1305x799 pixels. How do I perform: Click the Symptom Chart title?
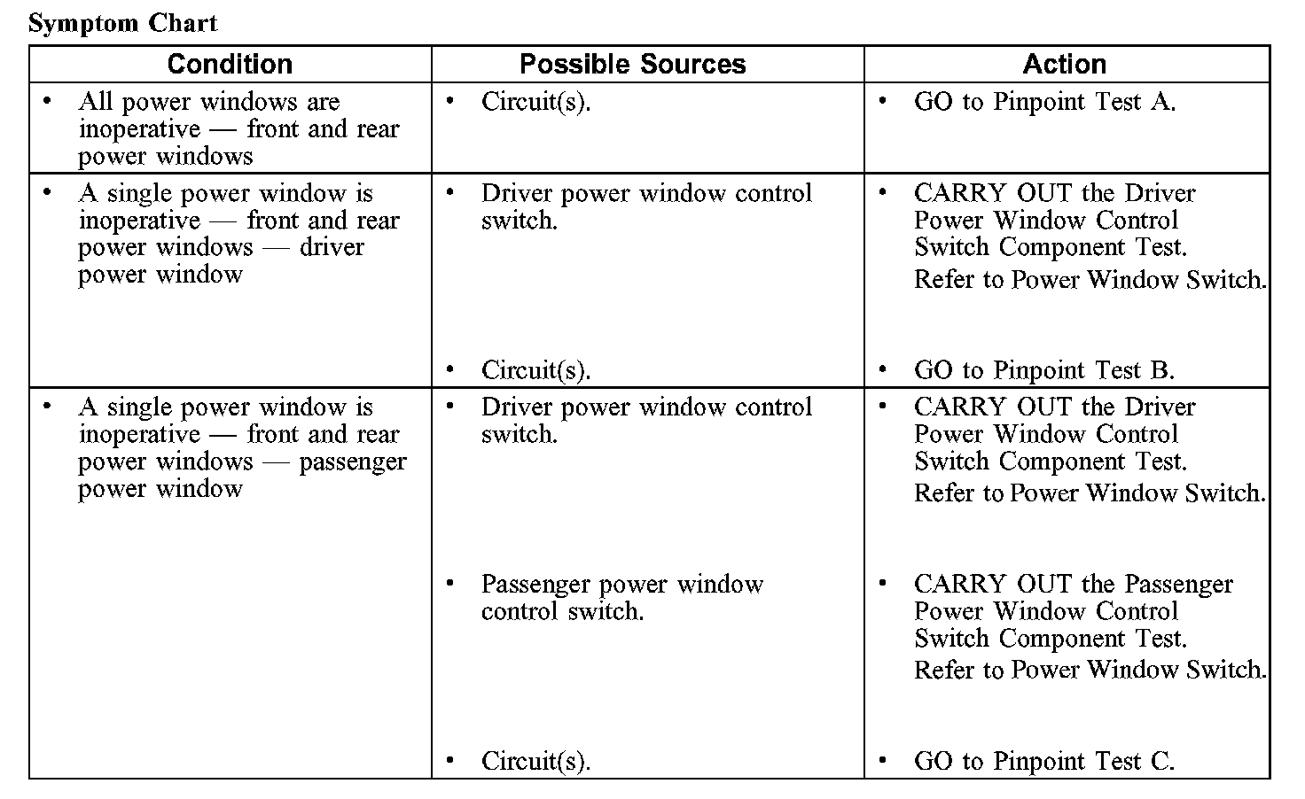[x=122, y=23]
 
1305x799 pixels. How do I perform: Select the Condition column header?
[x=230, y=64]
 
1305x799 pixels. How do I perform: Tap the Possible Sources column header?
[x=632, y=64]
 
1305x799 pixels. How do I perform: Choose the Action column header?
[x=1064, y=64]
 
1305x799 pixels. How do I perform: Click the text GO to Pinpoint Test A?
[x=1044, y=102]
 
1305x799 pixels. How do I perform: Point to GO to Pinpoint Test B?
[x=1043, y=369]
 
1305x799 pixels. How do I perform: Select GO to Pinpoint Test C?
[x=1043, y=761]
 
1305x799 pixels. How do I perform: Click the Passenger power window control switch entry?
[x=621, y=597]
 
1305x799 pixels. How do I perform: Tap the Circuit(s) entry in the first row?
[x=535, y=102]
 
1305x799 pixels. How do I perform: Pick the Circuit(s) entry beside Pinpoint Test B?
[x=535, y=369]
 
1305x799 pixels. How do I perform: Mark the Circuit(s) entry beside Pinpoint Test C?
[x=535, y=761]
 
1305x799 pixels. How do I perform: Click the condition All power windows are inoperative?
[x=238, y=128]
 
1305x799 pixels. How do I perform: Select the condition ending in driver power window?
[x=238, y=234]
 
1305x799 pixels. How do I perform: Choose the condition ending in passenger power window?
[x=241, y=447]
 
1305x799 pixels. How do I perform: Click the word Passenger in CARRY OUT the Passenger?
[x=1178, y=585]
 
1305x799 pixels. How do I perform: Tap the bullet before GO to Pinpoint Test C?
[x=882, y=760]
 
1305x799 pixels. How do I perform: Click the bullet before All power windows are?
[x=47, y=101]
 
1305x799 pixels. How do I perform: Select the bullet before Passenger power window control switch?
[x=450, y=583]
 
